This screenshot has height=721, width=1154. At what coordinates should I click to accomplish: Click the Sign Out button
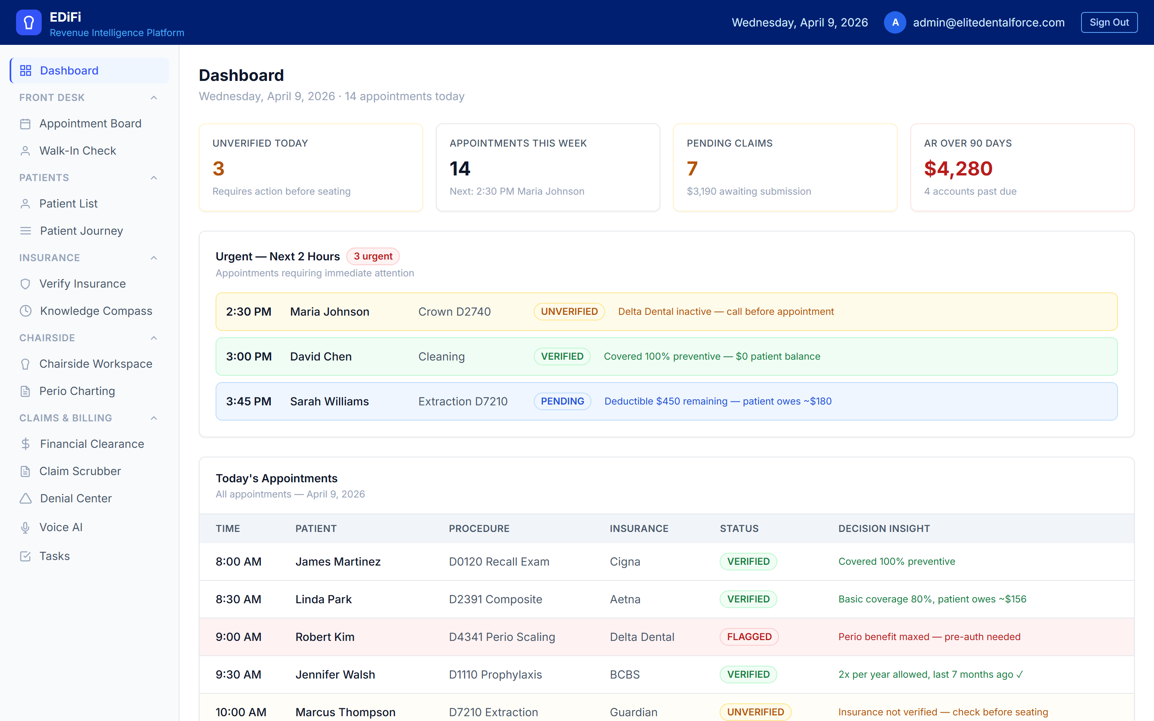click(1109, 22)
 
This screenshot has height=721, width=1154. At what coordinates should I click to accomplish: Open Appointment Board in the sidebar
click(90, 123)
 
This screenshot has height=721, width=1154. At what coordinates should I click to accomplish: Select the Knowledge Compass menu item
click(96, 311)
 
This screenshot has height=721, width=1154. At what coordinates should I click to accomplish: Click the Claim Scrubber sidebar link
click(80, 471)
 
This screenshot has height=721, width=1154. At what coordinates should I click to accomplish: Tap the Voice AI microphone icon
click(25, 528)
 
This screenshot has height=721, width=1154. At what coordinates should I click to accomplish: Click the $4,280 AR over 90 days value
click(958, 169)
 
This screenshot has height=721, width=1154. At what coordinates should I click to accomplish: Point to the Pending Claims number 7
click(692, 169)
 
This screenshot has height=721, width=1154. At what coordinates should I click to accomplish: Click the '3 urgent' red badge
click(373, 256)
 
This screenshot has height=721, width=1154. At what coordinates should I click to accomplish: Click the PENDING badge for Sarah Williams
click(562, 401)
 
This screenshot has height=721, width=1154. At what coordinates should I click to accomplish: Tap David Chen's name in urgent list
click(321, 356)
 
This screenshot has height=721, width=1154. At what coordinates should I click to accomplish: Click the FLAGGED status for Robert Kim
click(748, 637)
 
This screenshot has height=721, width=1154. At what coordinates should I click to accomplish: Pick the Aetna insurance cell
click(625, 599)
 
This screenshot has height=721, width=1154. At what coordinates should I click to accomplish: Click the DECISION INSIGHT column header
click(884, 528)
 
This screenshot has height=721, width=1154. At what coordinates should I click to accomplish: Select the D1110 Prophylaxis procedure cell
click(495, 675)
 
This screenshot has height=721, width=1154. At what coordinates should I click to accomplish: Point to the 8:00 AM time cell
click(238, 562)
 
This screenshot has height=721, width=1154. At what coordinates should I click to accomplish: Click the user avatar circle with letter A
click(895, 22)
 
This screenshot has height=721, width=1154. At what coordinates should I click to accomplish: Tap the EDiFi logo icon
click(28, 22)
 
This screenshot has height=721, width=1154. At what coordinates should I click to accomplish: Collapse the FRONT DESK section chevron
click(153, 98)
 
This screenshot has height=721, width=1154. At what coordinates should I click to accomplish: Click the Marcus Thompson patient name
click(345, 712)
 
